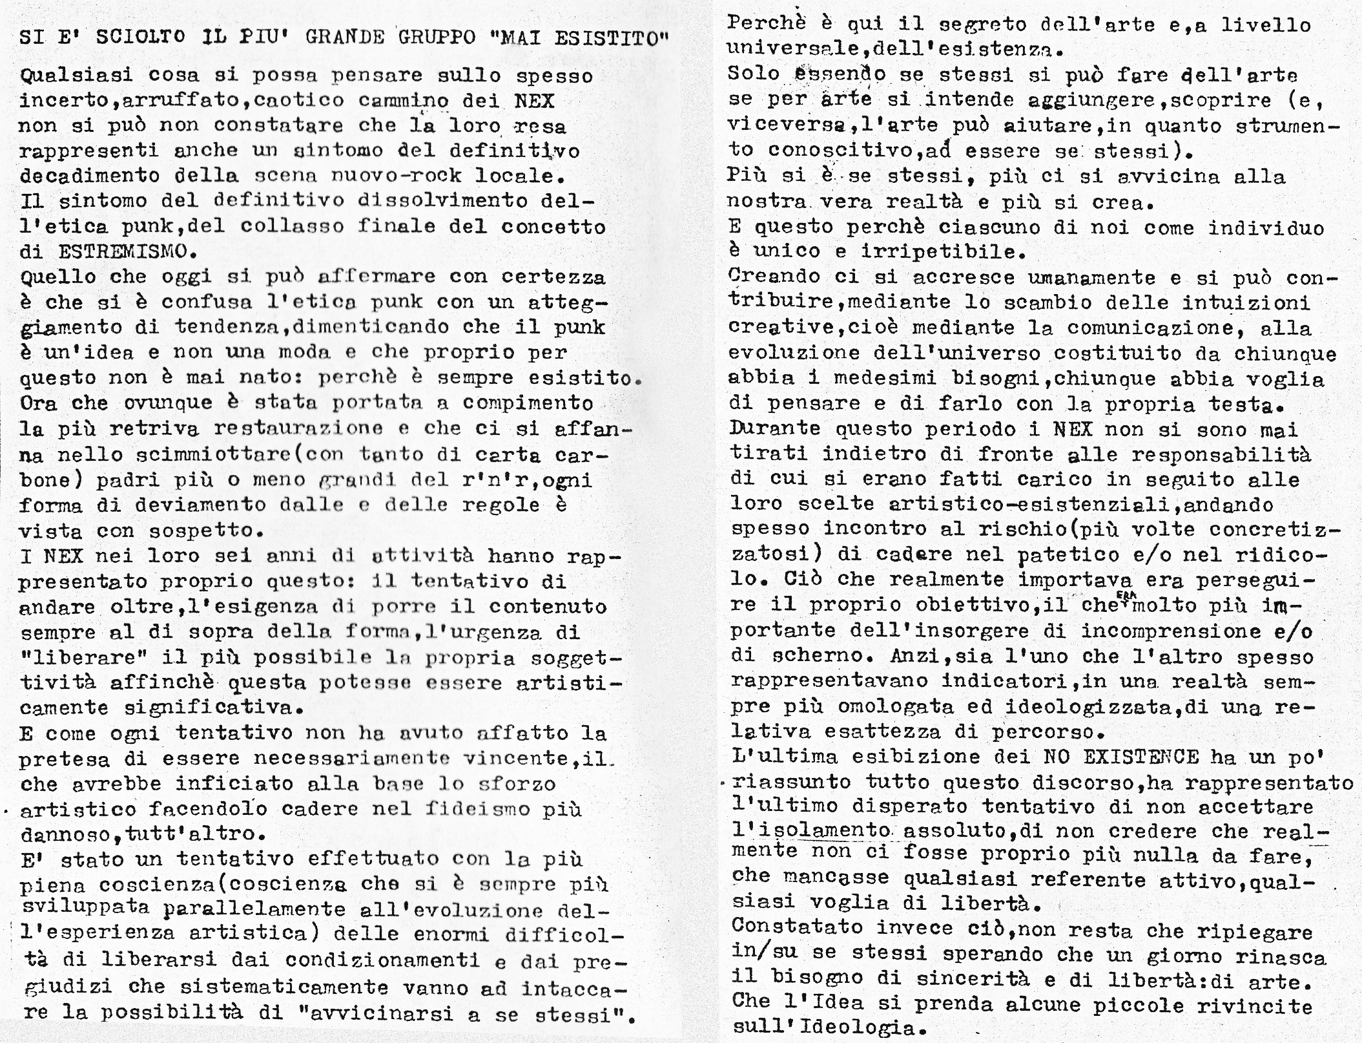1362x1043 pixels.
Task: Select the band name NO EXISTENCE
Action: tap(1121, 757)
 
